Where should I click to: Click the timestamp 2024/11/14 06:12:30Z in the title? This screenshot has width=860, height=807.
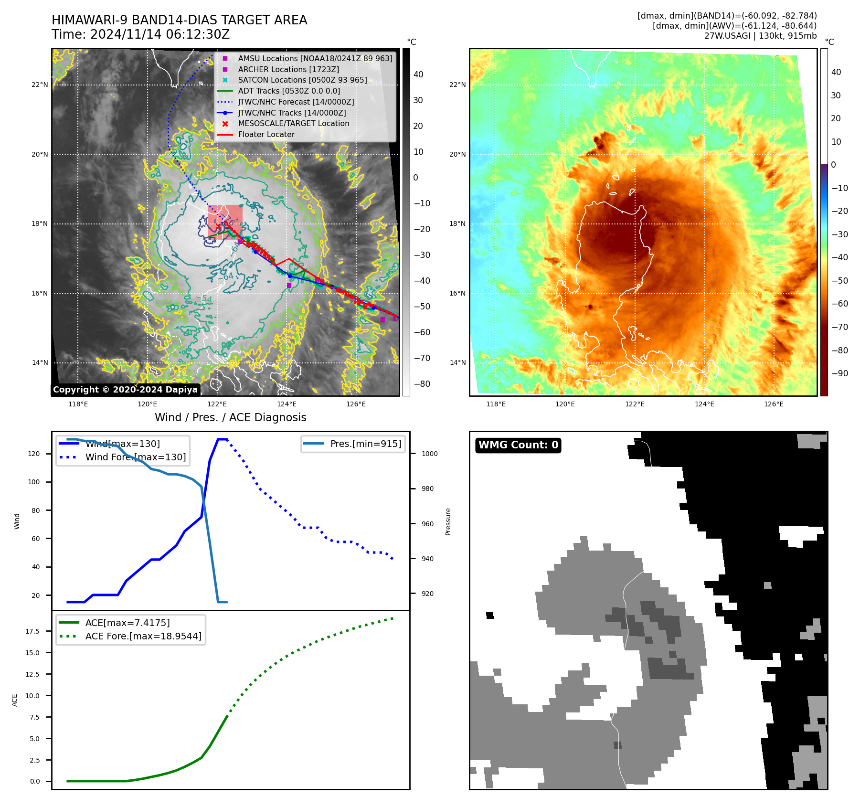[x=160, y=35]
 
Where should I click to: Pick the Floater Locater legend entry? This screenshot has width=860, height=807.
[x=266, y=135]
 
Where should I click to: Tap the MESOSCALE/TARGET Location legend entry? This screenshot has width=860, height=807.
[x=293, y=124]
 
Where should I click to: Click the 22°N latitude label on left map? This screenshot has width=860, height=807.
[x=40, y=85]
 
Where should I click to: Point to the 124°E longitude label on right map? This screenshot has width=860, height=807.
[x=704, y=404]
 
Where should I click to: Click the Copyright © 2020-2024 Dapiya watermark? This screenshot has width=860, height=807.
[x=125, y=390]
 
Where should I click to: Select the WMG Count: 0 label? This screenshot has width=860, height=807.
[x=518, y=445]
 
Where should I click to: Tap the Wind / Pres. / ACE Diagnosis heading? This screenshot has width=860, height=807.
[x=230, y=418]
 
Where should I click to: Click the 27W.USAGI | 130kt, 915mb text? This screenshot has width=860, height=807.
[x=760, y=36]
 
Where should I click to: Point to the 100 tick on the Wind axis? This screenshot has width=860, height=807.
[x=34, y=482]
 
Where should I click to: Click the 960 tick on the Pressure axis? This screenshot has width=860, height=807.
[x=428, y=524]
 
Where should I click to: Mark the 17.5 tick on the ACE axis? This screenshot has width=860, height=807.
[x=32, y=631]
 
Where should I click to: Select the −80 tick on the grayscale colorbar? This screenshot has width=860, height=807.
[x=422, y=384]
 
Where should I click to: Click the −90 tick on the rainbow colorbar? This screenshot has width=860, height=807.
[x=839, y=373]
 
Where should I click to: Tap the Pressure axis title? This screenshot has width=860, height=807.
[x=448, y=521]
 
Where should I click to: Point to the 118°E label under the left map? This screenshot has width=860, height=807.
[x=78, y=404]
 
